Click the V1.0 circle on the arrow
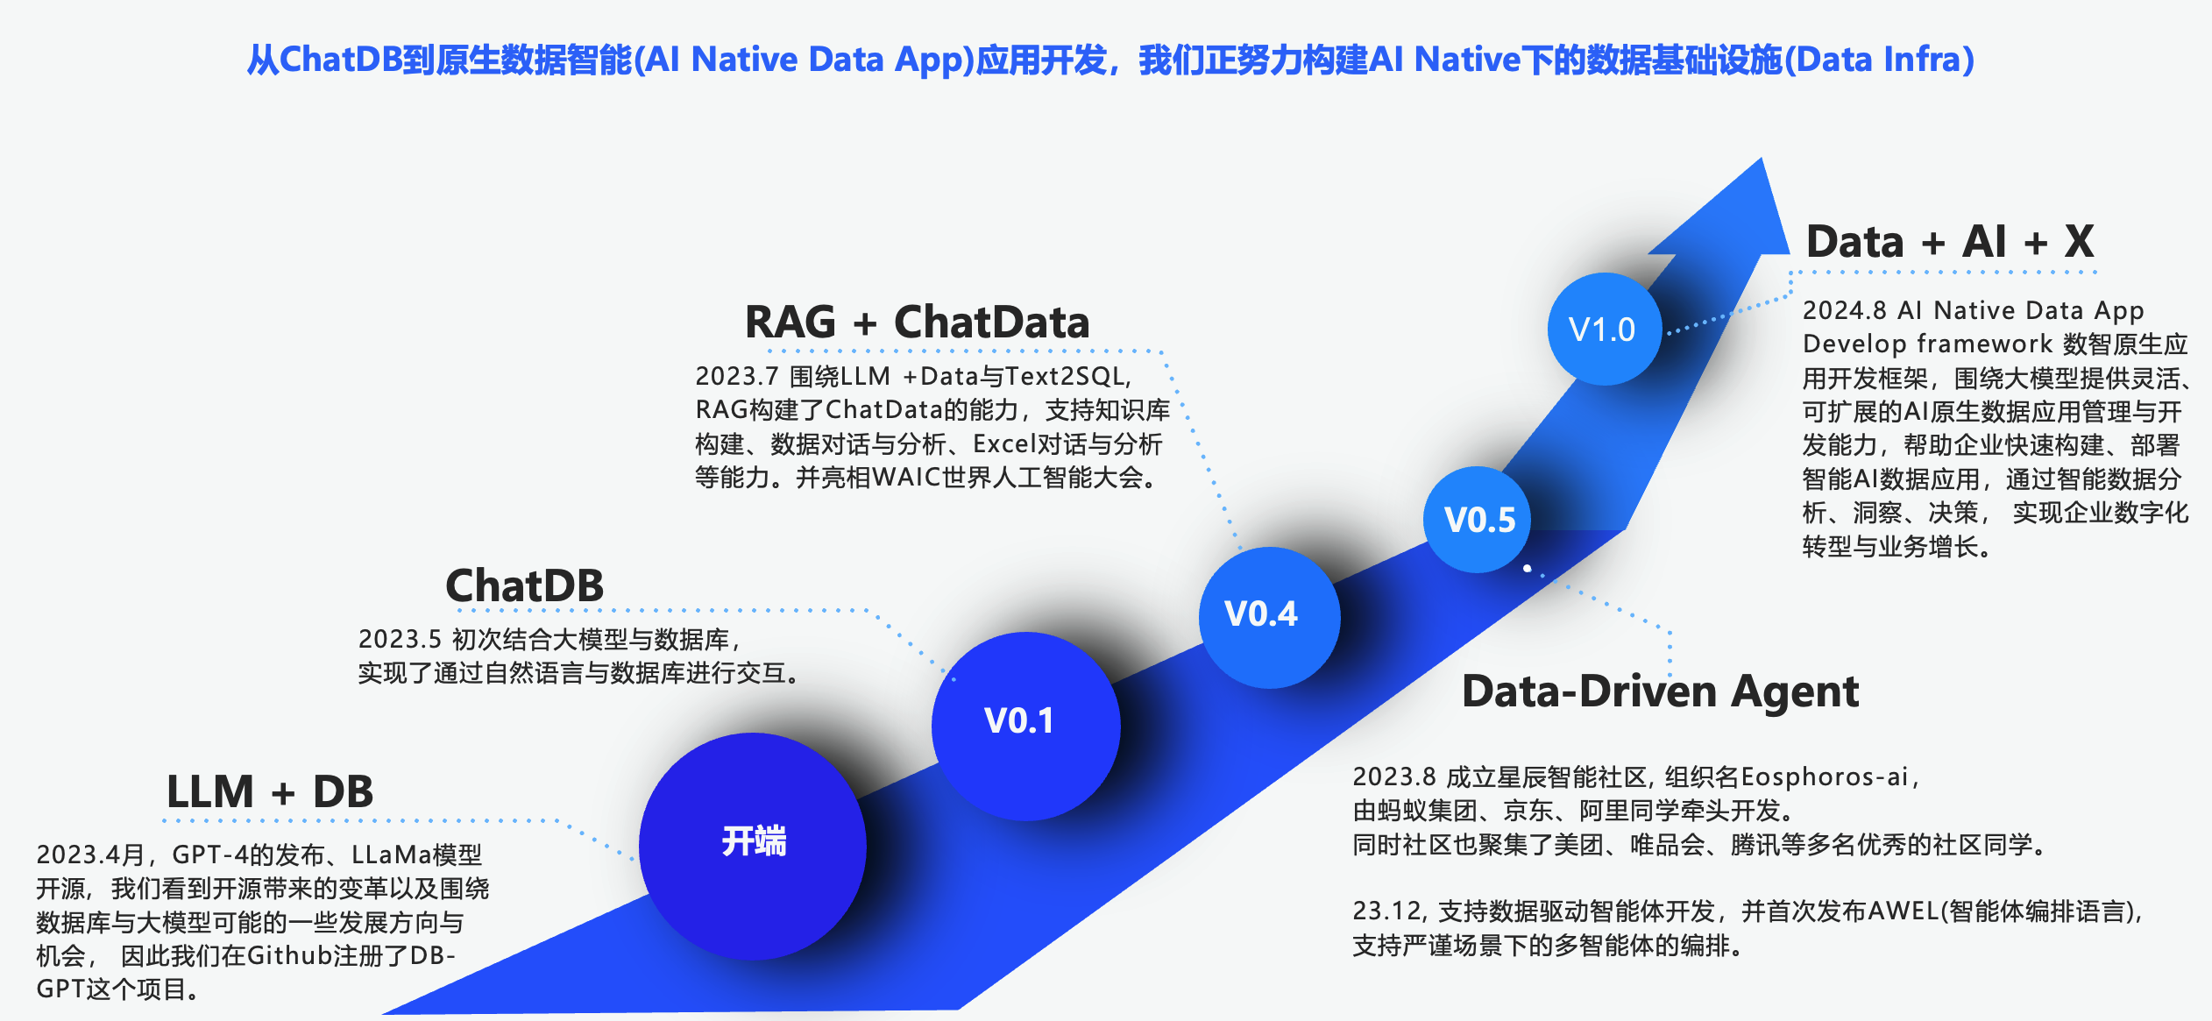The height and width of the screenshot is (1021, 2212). (1603, 330)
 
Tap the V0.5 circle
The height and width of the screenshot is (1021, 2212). (1478, 520)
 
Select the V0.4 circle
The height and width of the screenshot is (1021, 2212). (1268, 616)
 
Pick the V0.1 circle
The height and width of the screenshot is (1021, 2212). (1024, 724)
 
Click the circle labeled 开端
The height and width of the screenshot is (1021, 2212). (753, 845)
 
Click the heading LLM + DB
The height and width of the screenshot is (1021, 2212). (270, 791)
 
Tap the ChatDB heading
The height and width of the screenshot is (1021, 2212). (524, 585)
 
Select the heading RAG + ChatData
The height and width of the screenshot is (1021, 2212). (917, 323)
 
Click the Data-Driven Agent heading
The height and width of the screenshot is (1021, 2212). (1660, 691)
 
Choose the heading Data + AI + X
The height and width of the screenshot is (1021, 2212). (1950, 241)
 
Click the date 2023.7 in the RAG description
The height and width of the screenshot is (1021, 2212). (736, 376)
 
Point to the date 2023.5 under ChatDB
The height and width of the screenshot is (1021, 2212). (399, 639)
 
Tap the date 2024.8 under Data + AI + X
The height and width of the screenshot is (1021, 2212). (1844, 310)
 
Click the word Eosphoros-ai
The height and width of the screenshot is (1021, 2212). (1825, 776)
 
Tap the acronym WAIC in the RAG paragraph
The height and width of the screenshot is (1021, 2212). (905, 478)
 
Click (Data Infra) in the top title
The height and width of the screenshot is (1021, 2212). (1879, 60)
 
